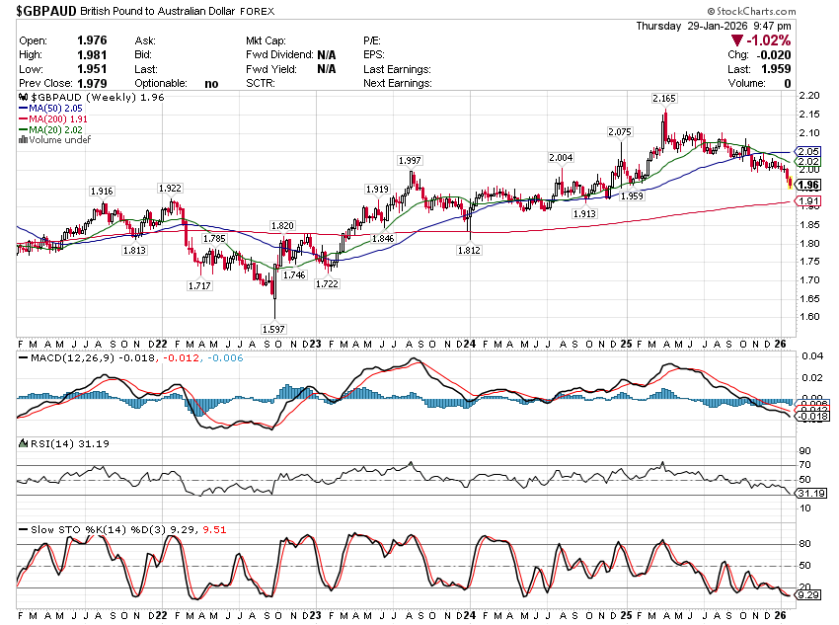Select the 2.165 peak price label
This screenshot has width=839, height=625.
pos(663,99)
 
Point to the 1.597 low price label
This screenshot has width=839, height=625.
pos(273,328)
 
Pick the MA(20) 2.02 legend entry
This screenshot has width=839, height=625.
pos(62,129)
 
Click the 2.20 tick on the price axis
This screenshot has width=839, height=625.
pos(808,96)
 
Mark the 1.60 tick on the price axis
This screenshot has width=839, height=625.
pos(808,317)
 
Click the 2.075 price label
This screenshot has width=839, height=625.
pos(619,131)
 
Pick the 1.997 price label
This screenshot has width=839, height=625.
pos(410,160)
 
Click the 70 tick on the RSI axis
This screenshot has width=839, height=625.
pos(805,464)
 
